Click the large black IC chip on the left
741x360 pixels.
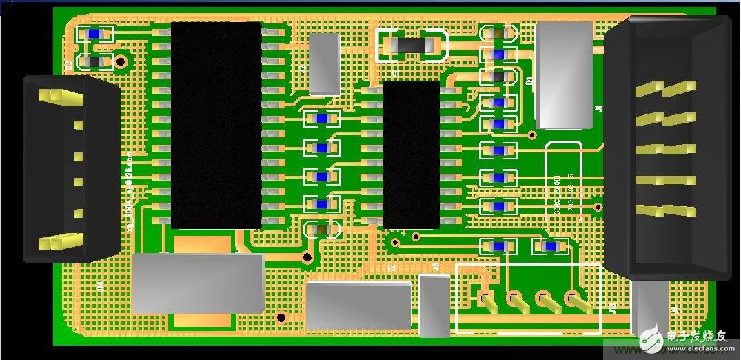[216, 124]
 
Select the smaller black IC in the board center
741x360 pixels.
[411, 154]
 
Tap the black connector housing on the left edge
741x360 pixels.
[69, 168]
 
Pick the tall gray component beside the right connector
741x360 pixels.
[564, 74]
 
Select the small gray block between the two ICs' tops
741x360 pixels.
[324, 63]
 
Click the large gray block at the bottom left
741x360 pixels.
[197, 283]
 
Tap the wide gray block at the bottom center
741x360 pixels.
[358, 305]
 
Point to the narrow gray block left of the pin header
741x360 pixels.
[434, 306]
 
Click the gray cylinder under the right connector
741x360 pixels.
[649, 308]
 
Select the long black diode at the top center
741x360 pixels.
[409, 46]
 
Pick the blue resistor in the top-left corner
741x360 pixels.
[94, 33]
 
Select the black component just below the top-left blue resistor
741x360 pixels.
[94, 62]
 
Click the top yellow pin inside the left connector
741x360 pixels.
[59, 96]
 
